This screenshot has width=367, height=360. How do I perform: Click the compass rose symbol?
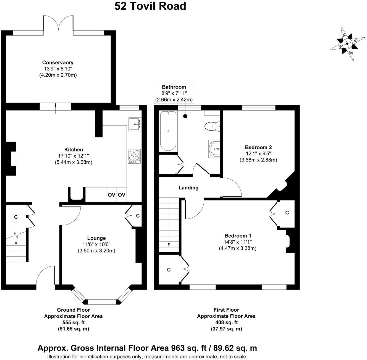click(347, 44)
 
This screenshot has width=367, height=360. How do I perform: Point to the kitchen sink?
click(135, 124)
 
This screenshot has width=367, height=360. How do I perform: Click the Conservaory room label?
click(58, 62)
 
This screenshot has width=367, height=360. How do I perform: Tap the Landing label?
click(188, 188)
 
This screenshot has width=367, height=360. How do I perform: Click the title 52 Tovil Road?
click(150, 6)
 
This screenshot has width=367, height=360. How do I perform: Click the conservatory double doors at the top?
click(58, 24)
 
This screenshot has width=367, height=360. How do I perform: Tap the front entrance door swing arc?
click(46, 275)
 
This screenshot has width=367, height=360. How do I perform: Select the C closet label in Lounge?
click(138, 216)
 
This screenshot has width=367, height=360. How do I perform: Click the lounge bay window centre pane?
click(102, 302)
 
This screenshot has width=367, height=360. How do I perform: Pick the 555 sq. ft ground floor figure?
click(73, 322)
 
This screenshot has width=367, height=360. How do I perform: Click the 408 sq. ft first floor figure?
click(226, 322)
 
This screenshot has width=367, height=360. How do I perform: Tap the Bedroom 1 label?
click(238, 236)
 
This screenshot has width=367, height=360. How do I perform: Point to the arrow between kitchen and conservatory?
click(56, 108)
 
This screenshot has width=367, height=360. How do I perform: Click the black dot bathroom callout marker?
click(185, 116)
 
